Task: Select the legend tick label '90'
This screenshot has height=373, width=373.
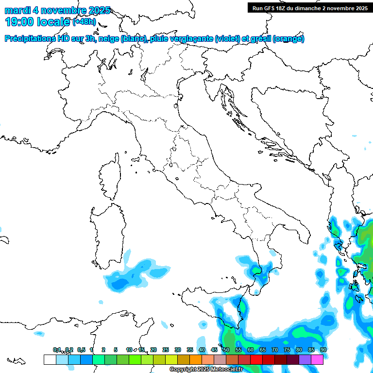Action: coord(323,350)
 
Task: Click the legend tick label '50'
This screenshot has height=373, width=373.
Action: coord(226,350)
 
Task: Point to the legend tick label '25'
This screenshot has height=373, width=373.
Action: coord(166,350)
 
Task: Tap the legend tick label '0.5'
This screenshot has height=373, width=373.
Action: coord(81,350)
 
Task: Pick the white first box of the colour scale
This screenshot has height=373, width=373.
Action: coord(50,359)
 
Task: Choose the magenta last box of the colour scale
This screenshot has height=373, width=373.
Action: coord(317,359)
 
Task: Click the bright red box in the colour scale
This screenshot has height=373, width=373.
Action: coord(256,359)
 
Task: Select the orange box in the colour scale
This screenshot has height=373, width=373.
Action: coord(195,359)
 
